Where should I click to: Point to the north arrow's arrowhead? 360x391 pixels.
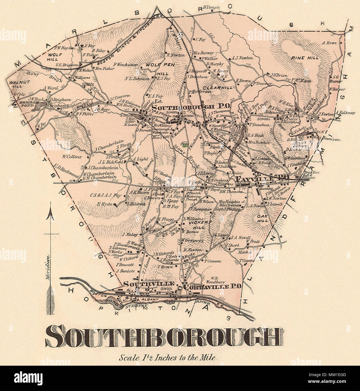point(50,215)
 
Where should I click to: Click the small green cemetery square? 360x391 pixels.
point(185,145)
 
